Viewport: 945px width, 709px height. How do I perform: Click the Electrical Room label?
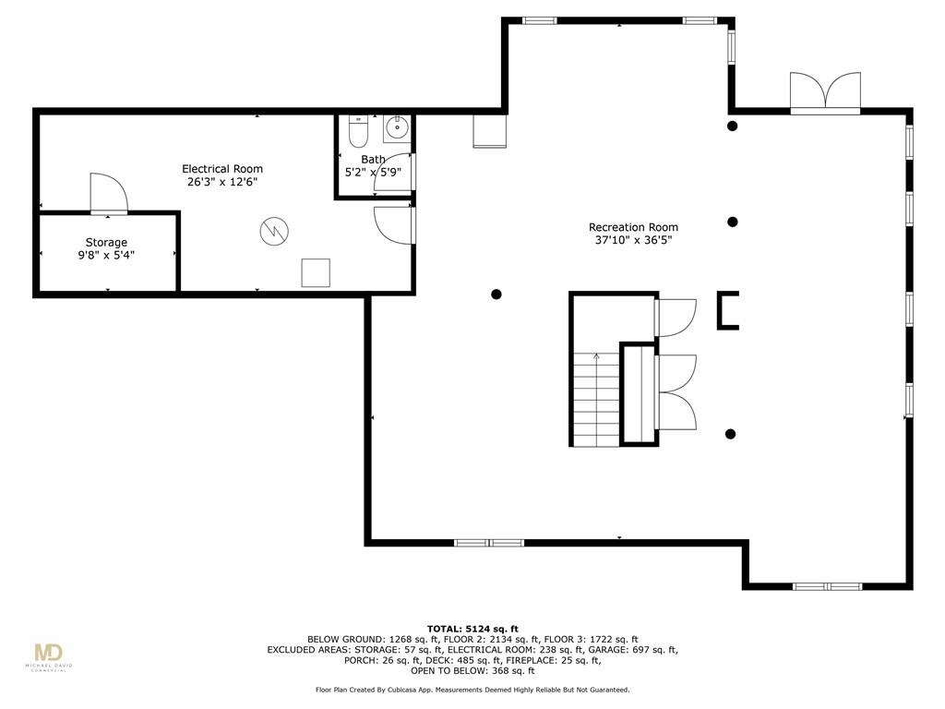222,169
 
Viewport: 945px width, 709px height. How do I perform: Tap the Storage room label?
106,243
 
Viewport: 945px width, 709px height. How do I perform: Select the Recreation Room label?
633,227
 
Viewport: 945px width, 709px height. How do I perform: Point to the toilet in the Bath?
358,132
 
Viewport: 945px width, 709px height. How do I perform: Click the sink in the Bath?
397,127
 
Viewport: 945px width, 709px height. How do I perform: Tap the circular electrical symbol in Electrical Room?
274,230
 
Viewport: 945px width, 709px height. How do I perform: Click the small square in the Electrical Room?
316,273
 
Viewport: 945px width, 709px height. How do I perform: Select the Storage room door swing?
109,193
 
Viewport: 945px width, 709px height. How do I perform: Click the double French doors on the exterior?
825,92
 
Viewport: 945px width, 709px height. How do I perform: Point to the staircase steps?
596,400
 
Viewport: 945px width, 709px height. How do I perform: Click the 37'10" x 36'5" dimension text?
633,240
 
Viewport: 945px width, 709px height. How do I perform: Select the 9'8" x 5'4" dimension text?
106,255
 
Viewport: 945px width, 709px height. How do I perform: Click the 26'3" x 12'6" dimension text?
222,182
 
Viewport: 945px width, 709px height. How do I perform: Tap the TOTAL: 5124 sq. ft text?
472,629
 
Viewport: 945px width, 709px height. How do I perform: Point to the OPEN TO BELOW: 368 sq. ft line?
472,670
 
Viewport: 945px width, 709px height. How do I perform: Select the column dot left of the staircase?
496,294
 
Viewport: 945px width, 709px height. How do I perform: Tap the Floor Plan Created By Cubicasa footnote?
472,690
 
